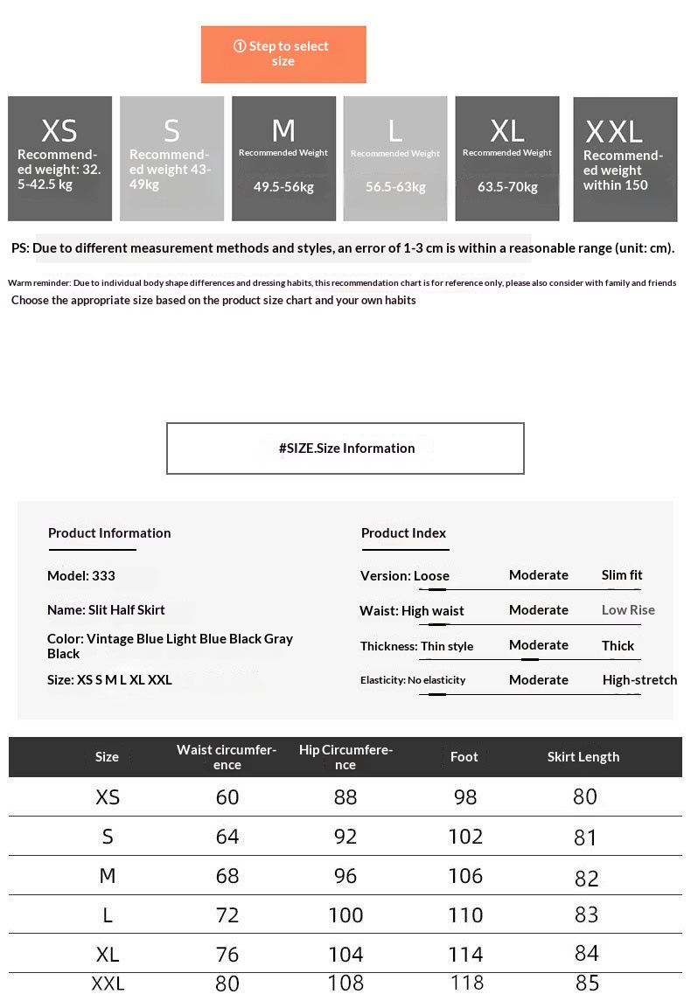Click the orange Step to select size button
click(x=283, y=54)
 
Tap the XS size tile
click(x=59, y=158)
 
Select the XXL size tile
click(x=625, y=159)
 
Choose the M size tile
click(x=283, y=158)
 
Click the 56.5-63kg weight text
click(x=395, y=187)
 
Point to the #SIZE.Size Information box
click(x=345, y=448)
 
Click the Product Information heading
click(x=109, y=533)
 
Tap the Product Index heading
click(x=403, y=533)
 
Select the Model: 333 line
click(x=81, y=576)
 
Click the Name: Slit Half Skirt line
click(x=106, y=610)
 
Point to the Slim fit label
click(x=622, y=575)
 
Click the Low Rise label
click(x=628, y=610)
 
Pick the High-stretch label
click(x=639, y=680)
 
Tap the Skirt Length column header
click(x=583, y=757)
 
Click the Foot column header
click(x=464, y=757)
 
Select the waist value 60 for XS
click(x=227, y=797)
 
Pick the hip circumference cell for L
click(x=345, y=915)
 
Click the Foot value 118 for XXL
click(x=465, y=983)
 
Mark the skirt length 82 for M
click(x=586, y=878)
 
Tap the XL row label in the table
click(x=108, y=954)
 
